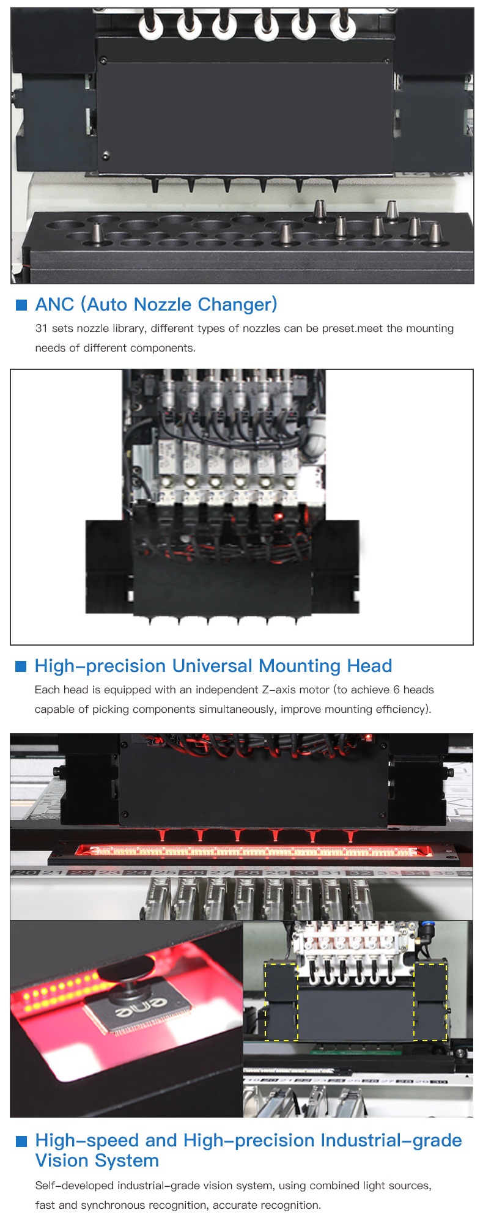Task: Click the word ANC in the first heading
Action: point(54,304)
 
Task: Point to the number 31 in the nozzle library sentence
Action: point(41,328)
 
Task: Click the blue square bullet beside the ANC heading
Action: point(21,304)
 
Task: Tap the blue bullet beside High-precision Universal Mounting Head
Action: point(21,666)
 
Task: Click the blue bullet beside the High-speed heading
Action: point(21,1141)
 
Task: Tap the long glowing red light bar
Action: point(249,851)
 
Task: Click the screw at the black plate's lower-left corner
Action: point(106,155)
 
